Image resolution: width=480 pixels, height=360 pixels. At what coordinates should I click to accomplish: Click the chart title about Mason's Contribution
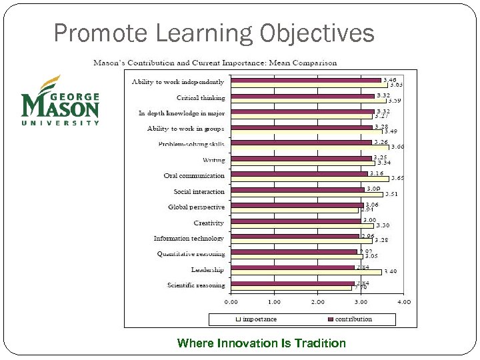(215, 63)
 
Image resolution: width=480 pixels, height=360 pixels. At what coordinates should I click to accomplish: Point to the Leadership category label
(207, 269)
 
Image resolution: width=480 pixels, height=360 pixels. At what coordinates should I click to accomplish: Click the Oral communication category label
(194, 175)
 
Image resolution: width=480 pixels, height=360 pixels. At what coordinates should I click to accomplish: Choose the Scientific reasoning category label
(196, 285)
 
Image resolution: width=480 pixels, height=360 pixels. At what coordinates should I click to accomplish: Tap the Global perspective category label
(196, 207)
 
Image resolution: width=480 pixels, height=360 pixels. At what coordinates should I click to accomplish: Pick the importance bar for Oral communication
(309, 179)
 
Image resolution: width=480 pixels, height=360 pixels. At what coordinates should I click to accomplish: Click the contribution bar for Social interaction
(297, 189)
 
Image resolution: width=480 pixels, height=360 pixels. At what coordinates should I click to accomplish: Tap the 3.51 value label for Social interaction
(392, 194)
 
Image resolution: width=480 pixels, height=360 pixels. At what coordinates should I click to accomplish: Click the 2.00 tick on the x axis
(317, 302)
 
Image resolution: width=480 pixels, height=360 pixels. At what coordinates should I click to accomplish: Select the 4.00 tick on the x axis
(403, 302)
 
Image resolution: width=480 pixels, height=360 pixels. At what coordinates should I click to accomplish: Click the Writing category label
(213, 160)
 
